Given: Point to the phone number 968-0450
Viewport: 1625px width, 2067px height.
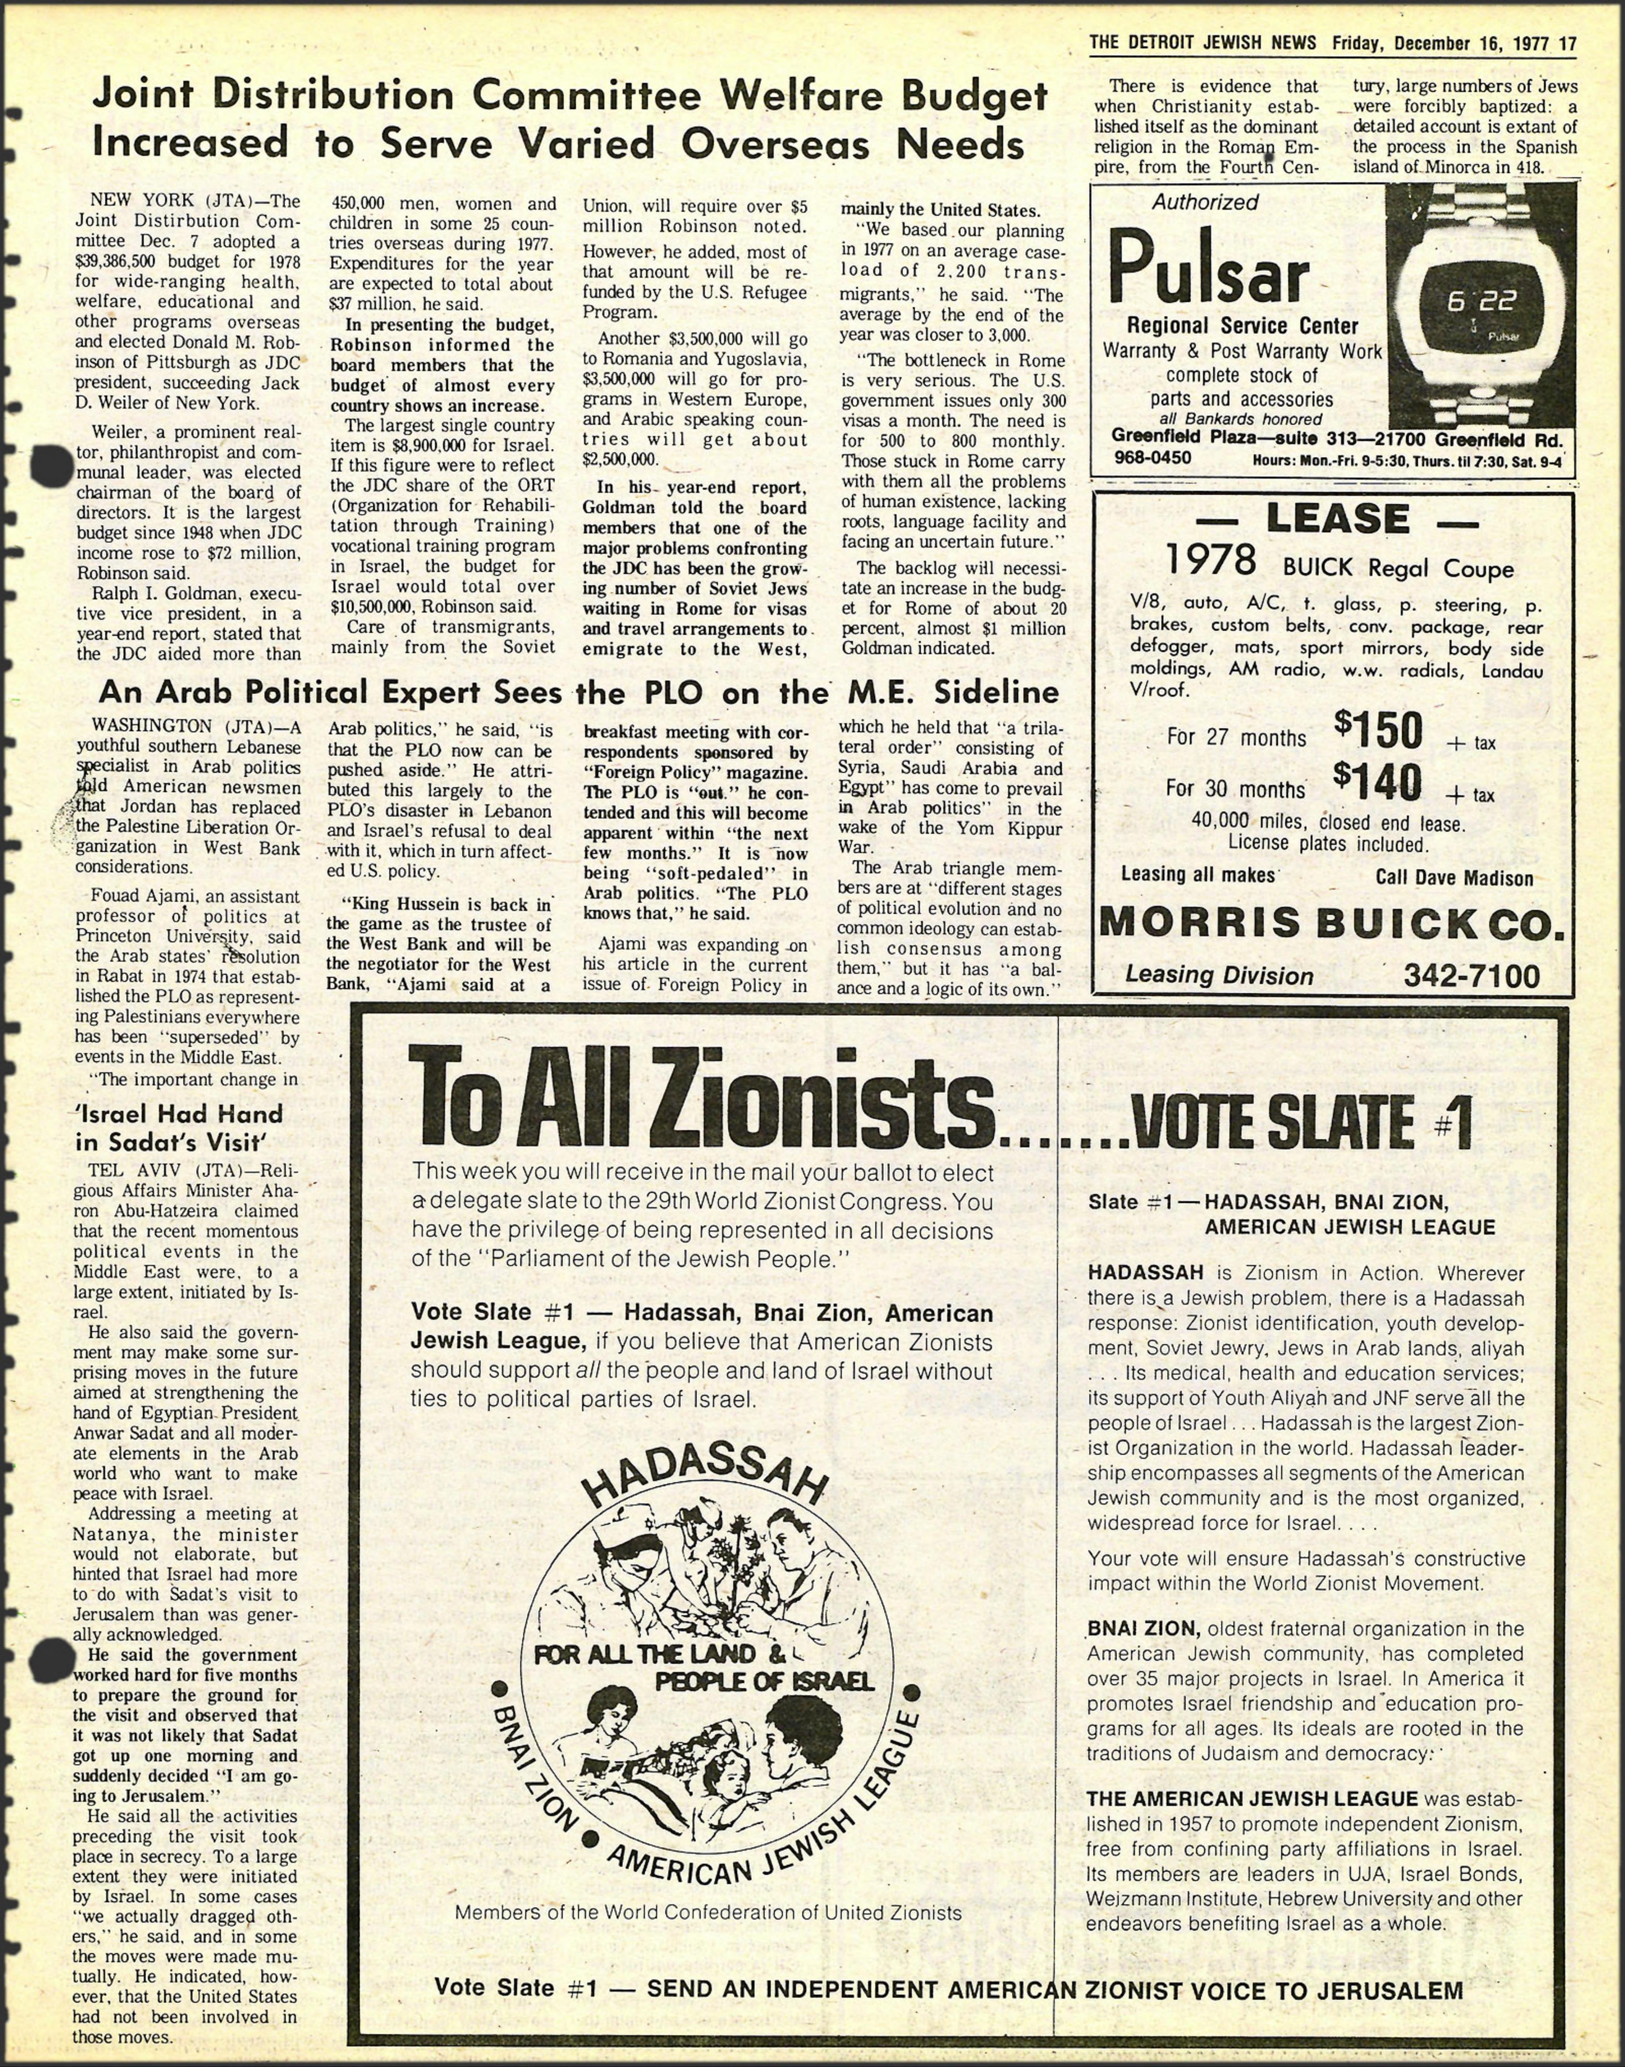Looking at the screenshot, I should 1151,458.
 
